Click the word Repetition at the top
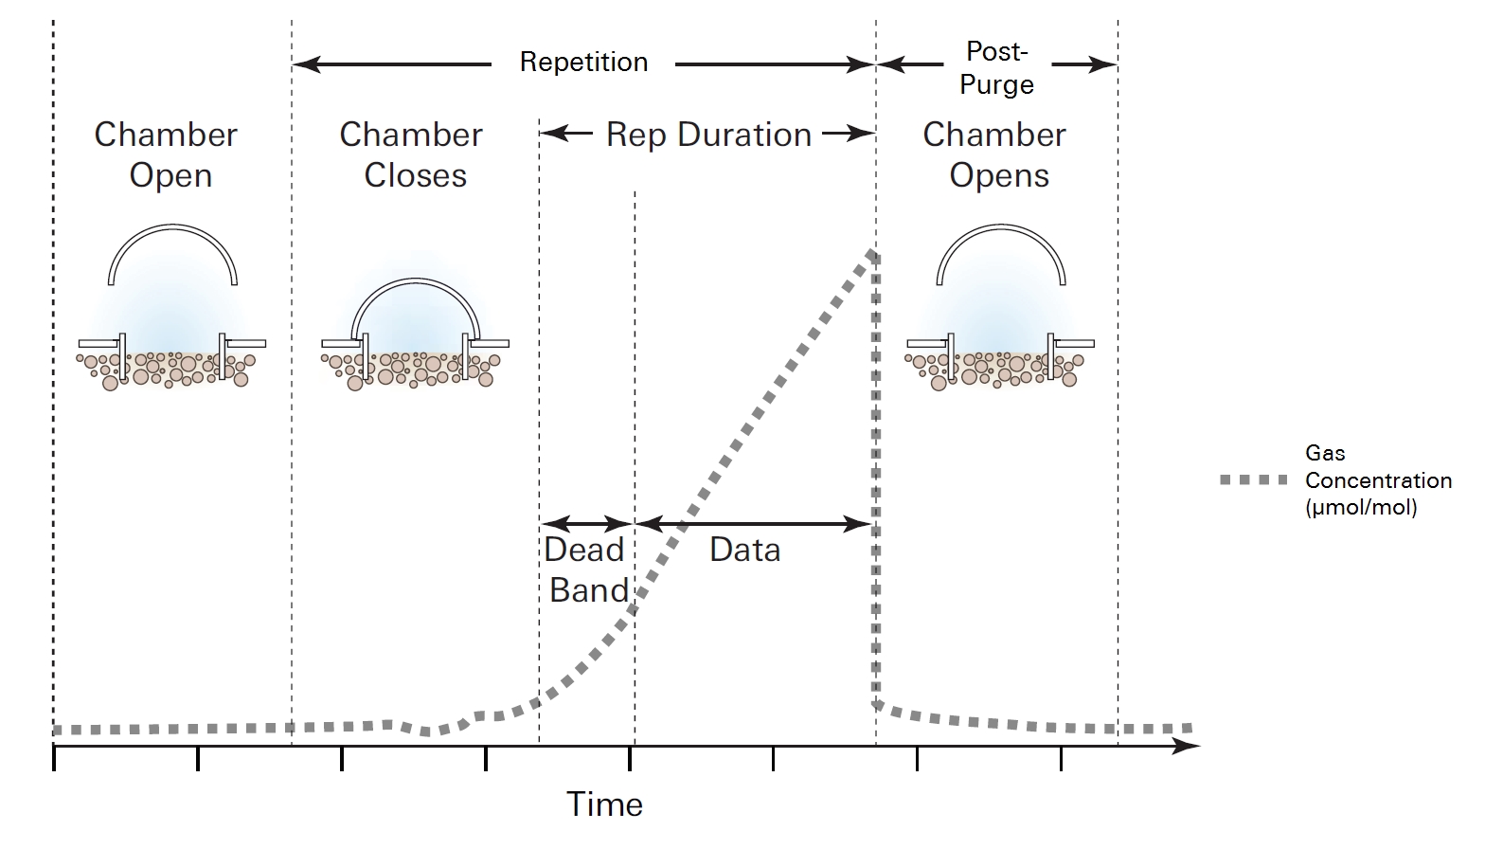click(583, 63)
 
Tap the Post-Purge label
click(996, 68)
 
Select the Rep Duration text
click(708, 135)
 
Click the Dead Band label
click(586, 570)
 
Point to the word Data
click(744, 550)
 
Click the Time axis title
click(604, 804)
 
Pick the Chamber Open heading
click(167, 154)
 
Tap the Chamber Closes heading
click(412, 154)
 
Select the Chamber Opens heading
click(995, 154)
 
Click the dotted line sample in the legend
click(1254, 480)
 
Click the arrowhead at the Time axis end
click(1187, 746)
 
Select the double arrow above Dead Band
click(587, 523)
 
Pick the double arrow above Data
click(753, 523)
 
